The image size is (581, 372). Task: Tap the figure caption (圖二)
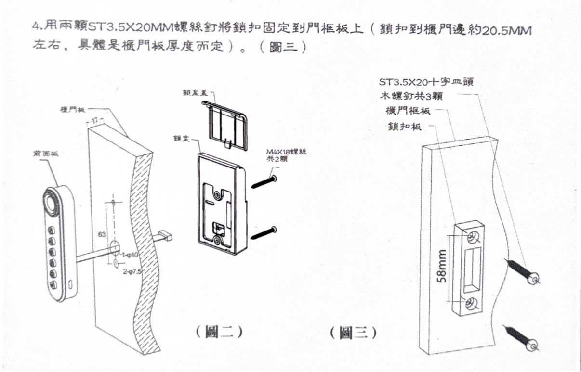tap(219, 332)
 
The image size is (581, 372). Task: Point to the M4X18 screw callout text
tap(287, 155)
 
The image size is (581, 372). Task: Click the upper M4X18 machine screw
tap(264, 183)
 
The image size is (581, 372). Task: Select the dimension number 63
tap(102, 234)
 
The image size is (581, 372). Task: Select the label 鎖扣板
tap(405, 127)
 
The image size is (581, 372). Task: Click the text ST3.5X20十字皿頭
tap(426, 81)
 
